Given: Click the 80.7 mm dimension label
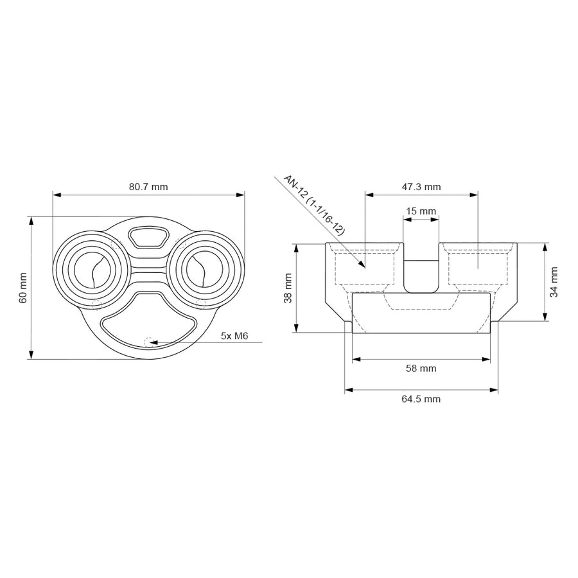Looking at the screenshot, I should point(148,187).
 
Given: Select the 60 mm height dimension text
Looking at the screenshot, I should point(23,288).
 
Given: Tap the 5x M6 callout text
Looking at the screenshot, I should point(234,335).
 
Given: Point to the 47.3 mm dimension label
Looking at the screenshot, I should point(421,187).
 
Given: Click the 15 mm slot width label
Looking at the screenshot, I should point(421,211).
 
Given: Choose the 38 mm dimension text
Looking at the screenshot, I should point(288,288).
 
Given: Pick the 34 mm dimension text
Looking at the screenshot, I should point(554,281).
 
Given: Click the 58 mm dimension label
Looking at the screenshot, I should point(421,368).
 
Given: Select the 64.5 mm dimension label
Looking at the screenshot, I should point(421,399).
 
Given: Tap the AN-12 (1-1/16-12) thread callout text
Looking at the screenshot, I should point(314,206).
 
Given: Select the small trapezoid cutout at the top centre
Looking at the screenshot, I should point(148,236).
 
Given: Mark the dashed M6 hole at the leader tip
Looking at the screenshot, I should point(149,342).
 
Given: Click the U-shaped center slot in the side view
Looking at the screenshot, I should point(421,275).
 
